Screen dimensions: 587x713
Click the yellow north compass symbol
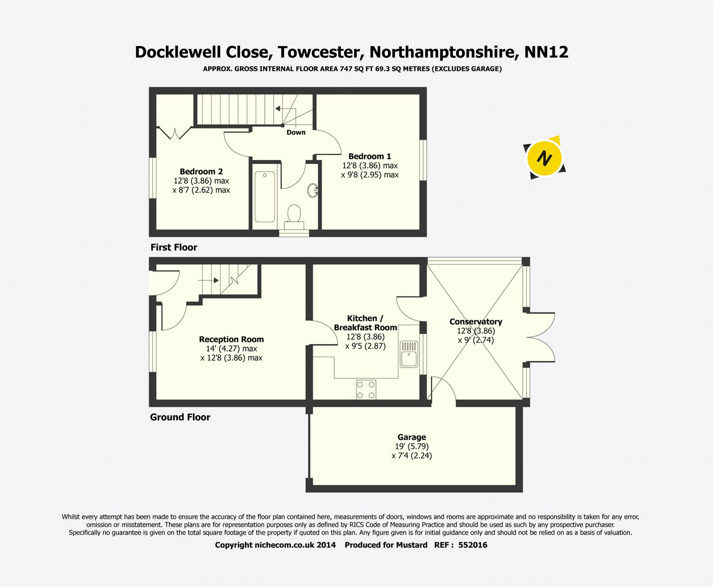tap(545, 157)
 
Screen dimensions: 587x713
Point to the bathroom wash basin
tap(313, 191)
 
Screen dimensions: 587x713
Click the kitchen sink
tap(408, 354)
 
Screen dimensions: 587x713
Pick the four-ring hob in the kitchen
tap(366, 390)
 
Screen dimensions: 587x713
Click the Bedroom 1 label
tap(369, 156)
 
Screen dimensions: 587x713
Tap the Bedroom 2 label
tap(201, 171)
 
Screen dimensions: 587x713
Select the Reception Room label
tap(231, 339)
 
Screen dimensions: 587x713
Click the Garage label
tap(412, 437)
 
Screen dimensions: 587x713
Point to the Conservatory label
tap(475, 322)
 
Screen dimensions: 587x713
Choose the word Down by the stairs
tap(296, 132)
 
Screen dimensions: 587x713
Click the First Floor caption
tap(173, 247)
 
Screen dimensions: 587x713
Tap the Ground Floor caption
tap(180, 417)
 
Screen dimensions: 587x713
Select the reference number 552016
tap(472, 545)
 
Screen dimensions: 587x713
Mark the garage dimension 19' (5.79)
tap(412, 446)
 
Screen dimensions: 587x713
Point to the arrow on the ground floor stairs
tap(208, 280)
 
